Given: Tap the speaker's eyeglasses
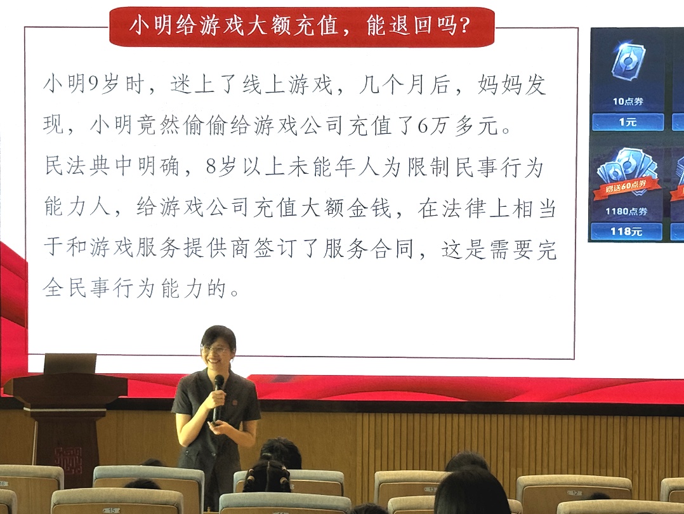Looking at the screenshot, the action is coord(216,349).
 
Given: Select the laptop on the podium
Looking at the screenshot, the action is coord(70,364).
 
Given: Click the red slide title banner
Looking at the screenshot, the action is coord(301,26).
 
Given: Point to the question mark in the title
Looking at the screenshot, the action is coord(464,25).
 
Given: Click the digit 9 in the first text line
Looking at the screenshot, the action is coord(93,84).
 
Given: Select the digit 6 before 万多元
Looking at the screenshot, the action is coord(423,126).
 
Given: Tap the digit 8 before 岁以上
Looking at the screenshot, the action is coord(211,167).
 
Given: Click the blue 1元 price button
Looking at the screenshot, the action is coord(628,122).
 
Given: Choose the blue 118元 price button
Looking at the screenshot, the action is coord(626,231).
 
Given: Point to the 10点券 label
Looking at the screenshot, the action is coord(628,102).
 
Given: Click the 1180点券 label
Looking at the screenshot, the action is coord(626,211).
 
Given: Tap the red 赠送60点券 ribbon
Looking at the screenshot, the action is coord(626,187).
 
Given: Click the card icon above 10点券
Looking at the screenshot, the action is coord(628,61).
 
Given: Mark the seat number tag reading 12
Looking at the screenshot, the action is coord(574,492).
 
